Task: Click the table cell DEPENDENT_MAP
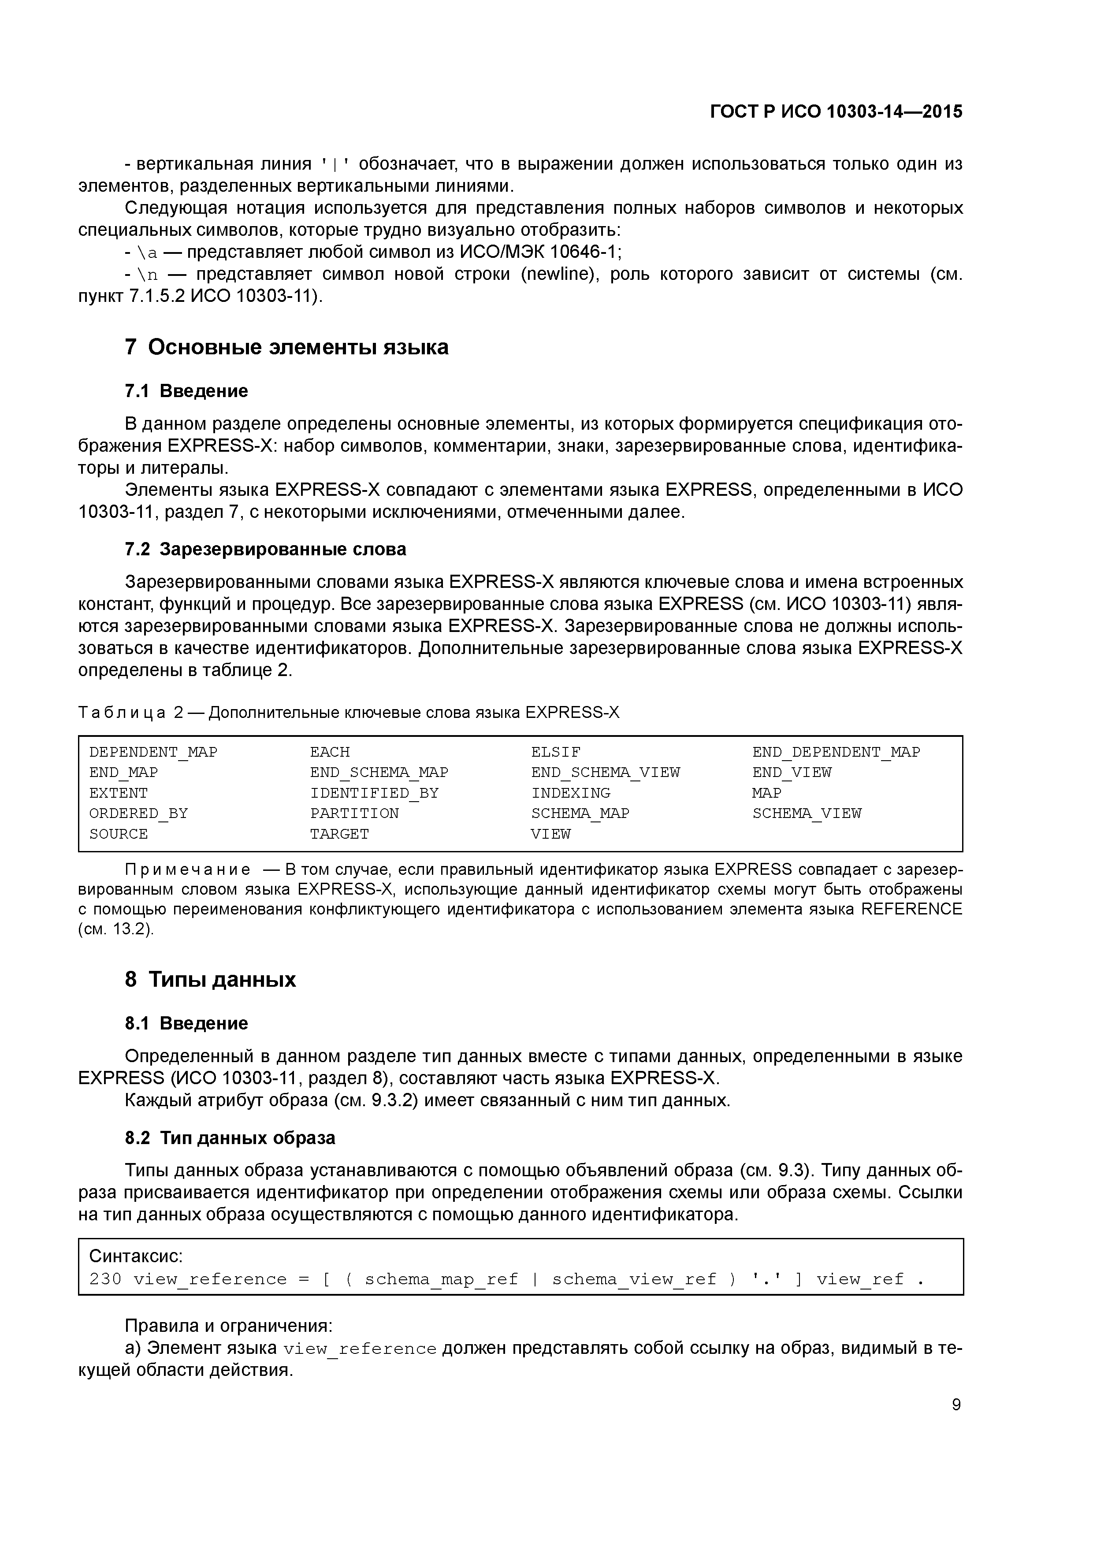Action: click(x=153, y=752)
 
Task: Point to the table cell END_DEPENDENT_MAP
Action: click(x=835, y=752)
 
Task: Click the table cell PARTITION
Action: click(x=354, y=814)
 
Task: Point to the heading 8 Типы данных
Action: click(x=210, y=979)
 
